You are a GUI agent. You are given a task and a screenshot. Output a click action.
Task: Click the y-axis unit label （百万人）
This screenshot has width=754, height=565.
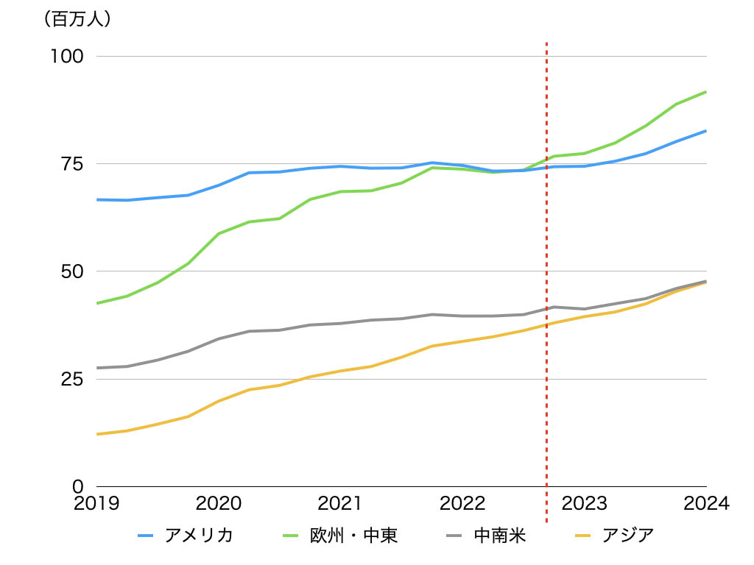pyautogui.click(x=78, y=20)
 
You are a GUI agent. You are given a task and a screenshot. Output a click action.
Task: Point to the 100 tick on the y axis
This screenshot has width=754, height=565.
pyautogui.click(x=67, y=57)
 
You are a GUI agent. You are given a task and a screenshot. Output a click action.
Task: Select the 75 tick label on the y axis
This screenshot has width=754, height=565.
pyautogui.click(x=71, y=164)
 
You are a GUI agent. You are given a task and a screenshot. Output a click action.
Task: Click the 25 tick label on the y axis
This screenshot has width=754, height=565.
pyautogui.click(x=71, y=379)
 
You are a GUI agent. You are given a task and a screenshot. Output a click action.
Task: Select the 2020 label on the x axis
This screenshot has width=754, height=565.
pyautogui.click(x=219, y=504)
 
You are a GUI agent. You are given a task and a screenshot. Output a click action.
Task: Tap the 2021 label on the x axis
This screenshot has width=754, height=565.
pyautogui.click(x=341, y=504)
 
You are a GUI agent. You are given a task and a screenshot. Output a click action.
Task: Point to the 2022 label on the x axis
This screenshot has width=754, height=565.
pyautogui.click(x=462, y=504)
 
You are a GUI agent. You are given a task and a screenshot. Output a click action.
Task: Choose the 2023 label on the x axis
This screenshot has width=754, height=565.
pyautogui.click(x=585, y=504)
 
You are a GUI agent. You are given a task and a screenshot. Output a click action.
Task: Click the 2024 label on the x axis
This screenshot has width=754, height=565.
pyautogui.click(x=705, y=504)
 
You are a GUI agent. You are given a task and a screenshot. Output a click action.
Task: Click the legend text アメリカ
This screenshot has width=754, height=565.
pyautogui.click(x=199, y=536)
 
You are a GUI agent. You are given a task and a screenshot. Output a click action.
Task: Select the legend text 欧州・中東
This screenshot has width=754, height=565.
pyautogui.click(x=353, y=536)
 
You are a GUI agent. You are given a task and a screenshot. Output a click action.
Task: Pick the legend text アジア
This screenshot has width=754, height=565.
pyautogui.click(x=628, y=536)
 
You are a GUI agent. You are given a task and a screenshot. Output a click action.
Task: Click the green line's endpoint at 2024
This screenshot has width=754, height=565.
pyautogui.click(x=706, y=92)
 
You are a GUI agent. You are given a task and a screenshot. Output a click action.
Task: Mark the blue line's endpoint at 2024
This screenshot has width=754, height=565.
pyautogui.click(x=706, y=131)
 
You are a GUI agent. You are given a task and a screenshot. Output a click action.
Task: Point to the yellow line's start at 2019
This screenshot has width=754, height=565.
pyautogui.click(x=97, y=434)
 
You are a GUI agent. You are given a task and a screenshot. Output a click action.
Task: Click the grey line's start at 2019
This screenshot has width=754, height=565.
pyautogui.click(x=97, y=368)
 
